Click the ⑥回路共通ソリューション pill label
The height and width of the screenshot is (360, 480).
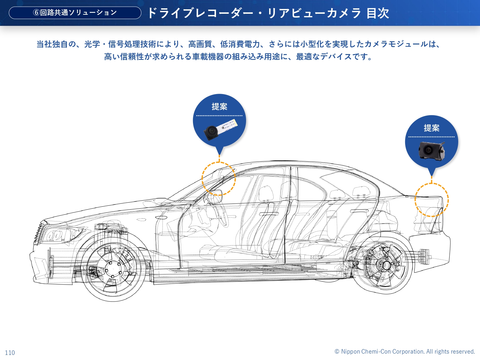pos(75,13)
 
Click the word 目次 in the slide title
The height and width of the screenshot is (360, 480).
pos(378,13)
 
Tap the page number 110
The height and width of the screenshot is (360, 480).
pos(10,353)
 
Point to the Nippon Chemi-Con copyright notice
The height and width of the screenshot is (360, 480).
pos(404,351)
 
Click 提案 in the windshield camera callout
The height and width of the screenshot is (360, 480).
pos(219,107)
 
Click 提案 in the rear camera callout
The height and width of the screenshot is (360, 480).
pos(431,128)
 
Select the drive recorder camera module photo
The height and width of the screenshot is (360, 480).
pos(220,129)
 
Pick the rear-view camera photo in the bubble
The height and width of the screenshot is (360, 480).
pos(431,150)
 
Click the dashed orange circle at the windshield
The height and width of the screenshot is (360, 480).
pos(219,179)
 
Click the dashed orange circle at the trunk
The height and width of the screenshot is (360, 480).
pos(431,200)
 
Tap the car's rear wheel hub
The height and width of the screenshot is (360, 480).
pos(385,265)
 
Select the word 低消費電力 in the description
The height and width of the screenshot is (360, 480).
pos(240,44)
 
